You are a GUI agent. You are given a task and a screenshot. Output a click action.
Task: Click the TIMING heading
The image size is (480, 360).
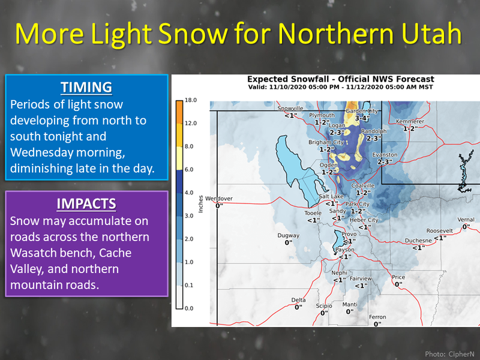(86, 87)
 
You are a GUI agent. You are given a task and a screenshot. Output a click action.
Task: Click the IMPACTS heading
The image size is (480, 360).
(86, 204)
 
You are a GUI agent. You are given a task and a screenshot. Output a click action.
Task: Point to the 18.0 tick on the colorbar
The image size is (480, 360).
(191, 100)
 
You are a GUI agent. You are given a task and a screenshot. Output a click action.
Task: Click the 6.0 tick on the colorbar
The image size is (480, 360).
(189, 170)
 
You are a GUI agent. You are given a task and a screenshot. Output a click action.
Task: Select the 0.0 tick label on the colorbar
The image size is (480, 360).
(189, 308)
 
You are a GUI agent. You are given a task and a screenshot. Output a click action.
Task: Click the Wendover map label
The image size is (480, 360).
(219, 199)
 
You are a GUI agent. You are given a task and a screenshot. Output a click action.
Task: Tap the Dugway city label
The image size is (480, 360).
(289, 235)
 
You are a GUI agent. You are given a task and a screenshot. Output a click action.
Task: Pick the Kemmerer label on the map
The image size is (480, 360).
(410, 122)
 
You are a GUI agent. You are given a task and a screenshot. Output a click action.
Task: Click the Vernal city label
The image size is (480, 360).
(466, 220)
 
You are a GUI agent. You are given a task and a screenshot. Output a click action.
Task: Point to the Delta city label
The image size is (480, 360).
(298, 300)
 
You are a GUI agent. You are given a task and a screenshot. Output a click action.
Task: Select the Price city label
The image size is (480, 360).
(398, 277)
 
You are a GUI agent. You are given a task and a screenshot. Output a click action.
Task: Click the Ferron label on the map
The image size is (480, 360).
(377, 317)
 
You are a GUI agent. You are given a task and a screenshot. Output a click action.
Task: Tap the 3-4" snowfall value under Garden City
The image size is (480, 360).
(362, 118)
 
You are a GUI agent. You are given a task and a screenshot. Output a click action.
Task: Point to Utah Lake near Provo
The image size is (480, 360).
(338, 241)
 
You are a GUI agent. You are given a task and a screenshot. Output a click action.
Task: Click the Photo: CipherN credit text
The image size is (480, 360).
(449, 354)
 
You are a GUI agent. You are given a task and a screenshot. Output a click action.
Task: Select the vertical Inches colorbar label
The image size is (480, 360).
(201, 204)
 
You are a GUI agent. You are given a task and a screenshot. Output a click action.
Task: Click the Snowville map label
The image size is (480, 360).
(290, 108)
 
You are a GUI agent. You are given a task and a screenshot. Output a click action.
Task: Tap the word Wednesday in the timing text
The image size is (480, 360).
(41, 152)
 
